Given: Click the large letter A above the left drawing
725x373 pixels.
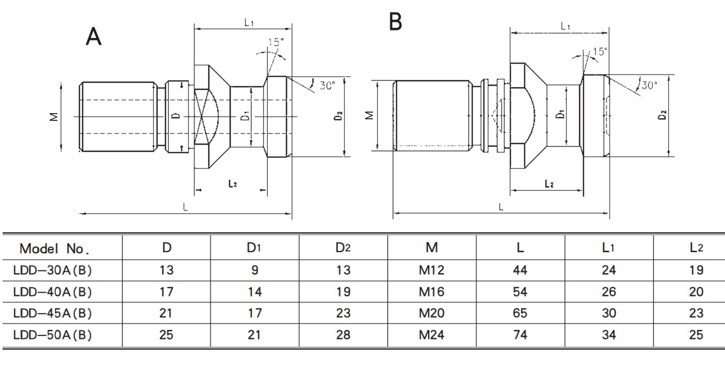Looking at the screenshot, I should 93,37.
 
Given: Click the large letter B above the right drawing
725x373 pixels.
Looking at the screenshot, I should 395,21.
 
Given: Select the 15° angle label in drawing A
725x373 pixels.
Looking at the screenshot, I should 275,42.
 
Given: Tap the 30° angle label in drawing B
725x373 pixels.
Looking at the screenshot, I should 649,85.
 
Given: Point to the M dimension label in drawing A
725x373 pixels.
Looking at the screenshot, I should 54,116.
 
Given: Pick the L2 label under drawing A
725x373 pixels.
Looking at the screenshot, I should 232,184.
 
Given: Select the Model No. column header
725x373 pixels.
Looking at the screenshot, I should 54,249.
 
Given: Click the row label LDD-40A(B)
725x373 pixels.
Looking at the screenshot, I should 52,292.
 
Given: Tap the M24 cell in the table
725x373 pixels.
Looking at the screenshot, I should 431,335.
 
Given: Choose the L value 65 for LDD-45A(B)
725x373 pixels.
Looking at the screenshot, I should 520,313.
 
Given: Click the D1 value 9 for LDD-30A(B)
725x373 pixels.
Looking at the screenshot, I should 255,270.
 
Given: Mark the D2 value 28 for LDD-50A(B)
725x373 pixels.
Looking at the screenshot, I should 343,335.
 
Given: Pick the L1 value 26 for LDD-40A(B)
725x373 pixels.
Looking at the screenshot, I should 608,292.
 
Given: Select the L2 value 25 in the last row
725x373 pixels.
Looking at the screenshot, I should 697,335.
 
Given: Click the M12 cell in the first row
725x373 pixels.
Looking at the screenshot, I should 431,270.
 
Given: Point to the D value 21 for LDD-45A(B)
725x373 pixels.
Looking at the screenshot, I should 166,313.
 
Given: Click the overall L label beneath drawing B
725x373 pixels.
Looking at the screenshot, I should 501,207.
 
